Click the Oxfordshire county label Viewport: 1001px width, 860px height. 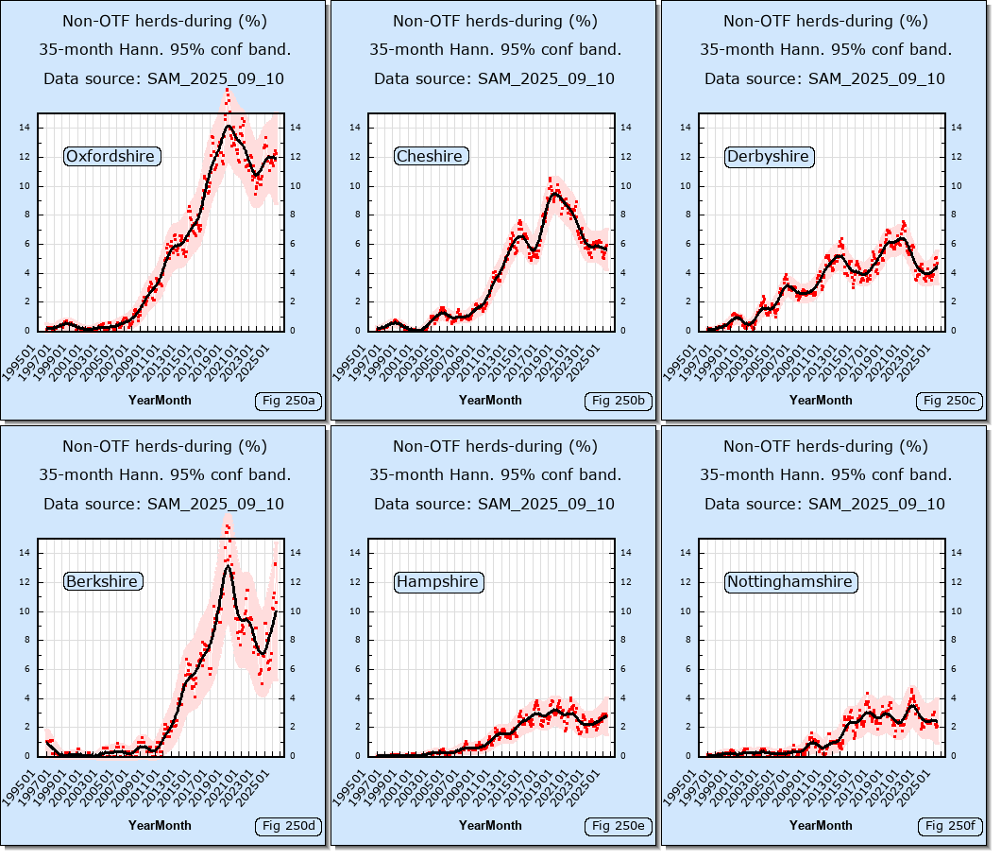[111, 156]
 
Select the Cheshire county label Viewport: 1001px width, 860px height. [430, 156]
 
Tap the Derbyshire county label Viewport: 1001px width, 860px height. [768, 156]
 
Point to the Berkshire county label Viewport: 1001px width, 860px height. [102, 581]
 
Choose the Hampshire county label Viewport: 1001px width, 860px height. [437, 581]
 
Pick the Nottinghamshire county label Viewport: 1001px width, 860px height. [789, 581]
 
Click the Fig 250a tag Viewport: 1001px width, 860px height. [288, 402]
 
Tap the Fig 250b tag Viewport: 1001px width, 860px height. [619, 402]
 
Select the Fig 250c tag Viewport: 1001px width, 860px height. [949, 402]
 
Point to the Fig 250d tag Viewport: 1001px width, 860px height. [288, 827]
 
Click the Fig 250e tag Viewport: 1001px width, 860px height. [619, 827]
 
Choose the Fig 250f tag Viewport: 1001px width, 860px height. [949, 827]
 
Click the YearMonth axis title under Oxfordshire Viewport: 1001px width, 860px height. [160, 400]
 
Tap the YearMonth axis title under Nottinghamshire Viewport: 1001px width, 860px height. [821, 825]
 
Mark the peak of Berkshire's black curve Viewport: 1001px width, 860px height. [228, 565]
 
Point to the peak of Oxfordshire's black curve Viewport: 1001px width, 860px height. [229, 126]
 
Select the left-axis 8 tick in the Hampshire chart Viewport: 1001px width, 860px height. [358, 640]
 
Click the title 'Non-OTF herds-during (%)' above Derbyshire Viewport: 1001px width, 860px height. [825, 21]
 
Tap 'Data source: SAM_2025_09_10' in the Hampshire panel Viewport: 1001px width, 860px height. [494, 504]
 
